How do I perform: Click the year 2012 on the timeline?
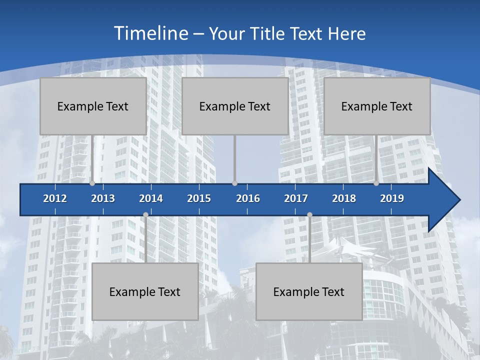point(55,198)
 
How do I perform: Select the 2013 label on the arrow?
point(103,198)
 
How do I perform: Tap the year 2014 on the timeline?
point(151,198)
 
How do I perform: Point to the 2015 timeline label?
point(199,198)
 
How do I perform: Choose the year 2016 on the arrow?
point(248,198)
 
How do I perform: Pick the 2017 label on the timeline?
point(296,198)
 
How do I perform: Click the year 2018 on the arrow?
point(344,198)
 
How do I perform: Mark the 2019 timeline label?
point(392,198)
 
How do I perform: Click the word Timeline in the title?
point(150,33)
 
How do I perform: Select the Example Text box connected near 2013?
point(93,106)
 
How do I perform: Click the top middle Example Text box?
point(235,106)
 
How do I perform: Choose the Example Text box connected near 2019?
point(377,106)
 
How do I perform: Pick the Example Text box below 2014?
point(145,291)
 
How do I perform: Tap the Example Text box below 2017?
point(309,291)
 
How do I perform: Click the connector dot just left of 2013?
point(92,183)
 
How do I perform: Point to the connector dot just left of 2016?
point(235,183)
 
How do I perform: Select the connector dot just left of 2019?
point(376,183)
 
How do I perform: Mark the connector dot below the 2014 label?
point(145,215)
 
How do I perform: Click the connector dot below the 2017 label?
point(309,215)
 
